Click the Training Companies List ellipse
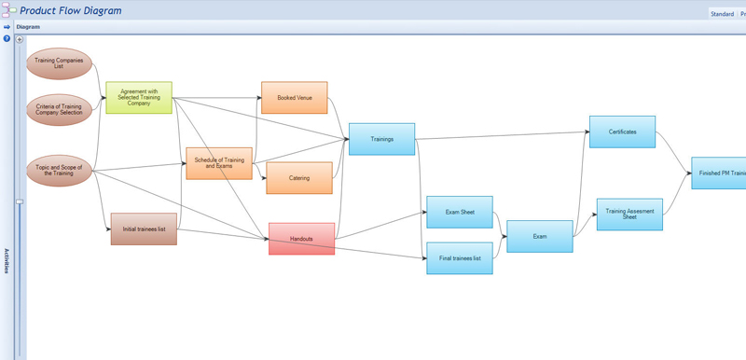tap(60, 63)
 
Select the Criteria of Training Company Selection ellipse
tap(60, 109)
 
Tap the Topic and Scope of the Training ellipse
tap(60, 171)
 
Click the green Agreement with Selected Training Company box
tap(139, 98)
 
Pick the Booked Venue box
tap(294, 97)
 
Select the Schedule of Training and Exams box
tap(219, 162)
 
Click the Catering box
tap(299, 177)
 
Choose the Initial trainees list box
tap(144, 228)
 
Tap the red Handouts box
tap(301, 239)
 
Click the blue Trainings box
tap(381, 139)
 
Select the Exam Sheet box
tap(459, 212)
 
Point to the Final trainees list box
tap(459, 257)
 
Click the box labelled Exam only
tap(539, 236)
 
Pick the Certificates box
tap(622, 132)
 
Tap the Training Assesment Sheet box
tap(629, 214)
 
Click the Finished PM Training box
tap(719, 173)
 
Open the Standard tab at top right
tap(722, 14)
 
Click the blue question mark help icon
tap(7, 38)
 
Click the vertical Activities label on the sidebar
tap(7, 260)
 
